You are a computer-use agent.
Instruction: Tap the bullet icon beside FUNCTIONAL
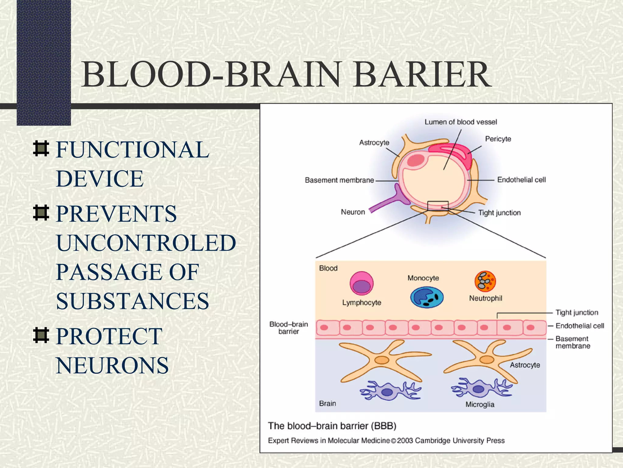click(x=41, y=149)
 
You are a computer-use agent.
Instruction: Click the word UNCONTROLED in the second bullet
click(x=146, y=243)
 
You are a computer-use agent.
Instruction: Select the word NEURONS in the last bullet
click(x=112, y=365)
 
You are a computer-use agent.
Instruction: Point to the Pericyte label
click(x=498, y=139)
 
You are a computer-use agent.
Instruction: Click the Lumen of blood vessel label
click(x=461, y=122)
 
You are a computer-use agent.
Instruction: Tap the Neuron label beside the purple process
click(x=353, y=212)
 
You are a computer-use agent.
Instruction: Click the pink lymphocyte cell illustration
click(x=361, y=283)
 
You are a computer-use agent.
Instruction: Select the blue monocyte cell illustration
click(x=427, y=298)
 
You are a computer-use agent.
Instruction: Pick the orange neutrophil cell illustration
click(x=485, y=281)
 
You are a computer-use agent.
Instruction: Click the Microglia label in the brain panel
click(x=480, y=404)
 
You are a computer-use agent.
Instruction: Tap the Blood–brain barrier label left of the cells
click(x=288, y=328)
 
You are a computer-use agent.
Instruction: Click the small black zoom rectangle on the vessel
click(x=437, y=206)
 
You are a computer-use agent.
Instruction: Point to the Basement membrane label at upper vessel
click(x=339, y=180)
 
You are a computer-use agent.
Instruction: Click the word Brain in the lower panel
click(x=327, y=403)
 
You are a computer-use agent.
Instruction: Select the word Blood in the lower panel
click(x=328, y=268)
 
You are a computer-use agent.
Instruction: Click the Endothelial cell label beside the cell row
click(x=579, y=326)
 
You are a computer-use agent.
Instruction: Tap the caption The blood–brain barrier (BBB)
click(x=332, y=426)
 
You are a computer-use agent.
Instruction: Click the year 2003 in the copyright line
click(x=405, y=441)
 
